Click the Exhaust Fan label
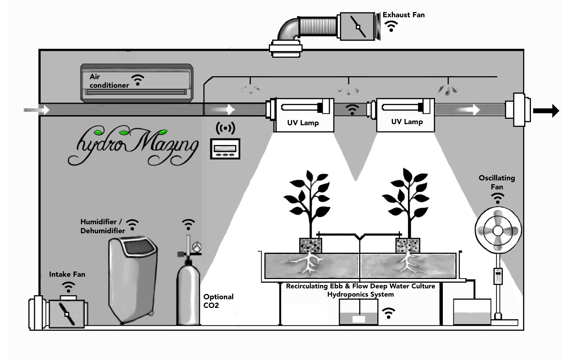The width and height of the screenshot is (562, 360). (x=403, y=15)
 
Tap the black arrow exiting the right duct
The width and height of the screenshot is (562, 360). (x=546, y=111)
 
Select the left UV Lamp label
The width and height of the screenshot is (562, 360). (x=303, y=123)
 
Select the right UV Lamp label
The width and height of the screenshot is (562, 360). (x=407, y=121)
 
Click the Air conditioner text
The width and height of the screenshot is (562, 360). (x=109, y=81)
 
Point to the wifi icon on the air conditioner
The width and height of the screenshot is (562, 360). (x=138, y=79)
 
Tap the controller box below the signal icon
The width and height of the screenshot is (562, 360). (x=225, y=149)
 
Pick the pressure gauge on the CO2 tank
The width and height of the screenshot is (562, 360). (x=196, y=247)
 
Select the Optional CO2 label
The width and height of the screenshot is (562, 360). (x=218, y=301)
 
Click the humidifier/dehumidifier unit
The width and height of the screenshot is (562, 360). (x=133, y=279)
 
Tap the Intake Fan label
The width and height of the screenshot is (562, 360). (x=67, y=274)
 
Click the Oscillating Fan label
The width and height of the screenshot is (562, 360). (x=497, y=182)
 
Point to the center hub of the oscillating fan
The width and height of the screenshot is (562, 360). (x=498, y=230)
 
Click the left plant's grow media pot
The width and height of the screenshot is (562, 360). (x=310, y=246)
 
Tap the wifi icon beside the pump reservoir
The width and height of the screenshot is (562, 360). (x=388, y=313)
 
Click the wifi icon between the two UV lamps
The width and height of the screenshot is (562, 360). (x=352, y=109)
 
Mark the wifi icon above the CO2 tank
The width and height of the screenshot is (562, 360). (x=188, y=224)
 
